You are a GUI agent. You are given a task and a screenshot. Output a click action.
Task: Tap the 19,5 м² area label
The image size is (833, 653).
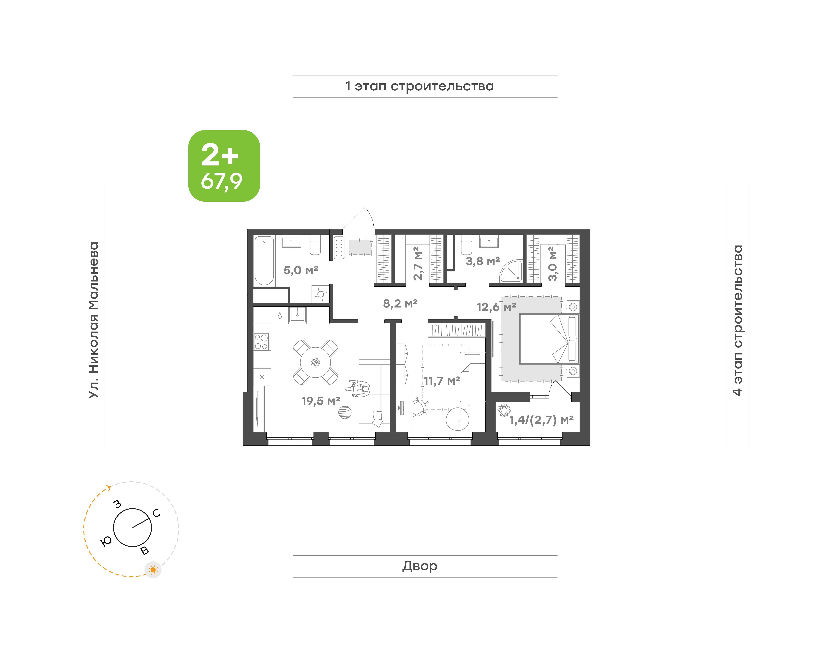click(x=321, y=401)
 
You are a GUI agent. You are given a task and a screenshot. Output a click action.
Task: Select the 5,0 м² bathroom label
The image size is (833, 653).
click(x=301, y=270)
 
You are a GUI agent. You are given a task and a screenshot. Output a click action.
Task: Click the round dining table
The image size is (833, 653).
click(x=315, y=362)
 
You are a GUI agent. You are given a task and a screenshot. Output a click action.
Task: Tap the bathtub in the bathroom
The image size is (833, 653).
click(x=264, y=260)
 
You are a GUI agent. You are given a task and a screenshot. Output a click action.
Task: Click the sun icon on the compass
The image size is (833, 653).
click(x=153, y=570)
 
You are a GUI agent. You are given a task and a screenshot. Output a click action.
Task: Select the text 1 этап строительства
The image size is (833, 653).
click(x=420, y=86)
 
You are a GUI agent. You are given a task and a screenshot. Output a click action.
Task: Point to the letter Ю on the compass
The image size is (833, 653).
click(x=106, y=541)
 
